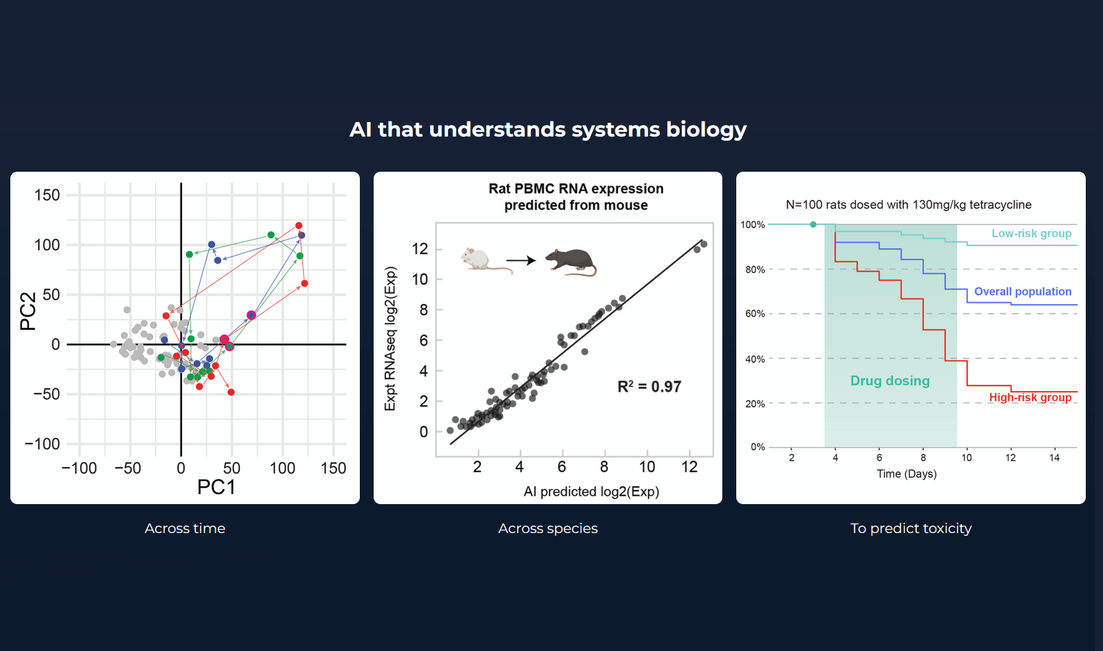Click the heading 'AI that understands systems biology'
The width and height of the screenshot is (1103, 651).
tap(548, 130)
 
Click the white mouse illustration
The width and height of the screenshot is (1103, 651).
tap(483, 261)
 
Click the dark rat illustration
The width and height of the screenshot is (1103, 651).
tap(571, 262)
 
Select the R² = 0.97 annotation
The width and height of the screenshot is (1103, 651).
tap(649, 387)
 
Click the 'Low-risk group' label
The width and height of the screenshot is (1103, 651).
tap(1031, 234)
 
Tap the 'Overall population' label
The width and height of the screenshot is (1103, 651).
tap(1022, 292)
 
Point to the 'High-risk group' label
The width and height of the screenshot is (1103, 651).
tap(1030, 397)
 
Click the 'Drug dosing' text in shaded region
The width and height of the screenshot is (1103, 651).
tap(889, 381)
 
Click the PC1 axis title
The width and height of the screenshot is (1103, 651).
tap(216, 488)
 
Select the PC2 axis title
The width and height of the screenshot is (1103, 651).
tap(28, 311)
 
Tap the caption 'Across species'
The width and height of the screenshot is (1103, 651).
tap(548, 528)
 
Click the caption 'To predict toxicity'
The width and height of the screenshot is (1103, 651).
tap(911, 528)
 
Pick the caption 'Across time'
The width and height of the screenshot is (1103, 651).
tap(185, 528)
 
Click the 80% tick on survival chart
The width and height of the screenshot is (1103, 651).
tap(755, 270)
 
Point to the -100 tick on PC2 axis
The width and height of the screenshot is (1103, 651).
tap(43, 444)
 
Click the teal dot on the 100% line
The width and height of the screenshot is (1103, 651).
tap(813, 225)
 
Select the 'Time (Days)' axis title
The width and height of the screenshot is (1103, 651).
tap(907, 474)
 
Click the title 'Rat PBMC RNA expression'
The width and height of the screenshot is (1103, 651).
tap(576, 189)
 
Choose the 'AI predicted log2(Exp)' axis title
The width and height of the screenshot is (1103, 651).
tap(591, 492)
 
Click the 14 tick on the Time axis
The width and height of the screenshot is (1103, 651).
tap(1054, 458)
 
